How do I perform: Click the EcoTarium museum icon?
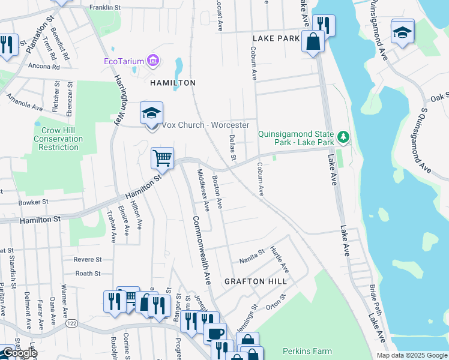[154, 61]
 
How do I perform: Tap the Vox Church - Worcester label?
[206, 125]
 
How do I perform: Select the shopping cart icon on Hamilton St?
[162, 158]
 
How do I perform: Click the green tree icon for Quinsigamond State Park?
[343, 137]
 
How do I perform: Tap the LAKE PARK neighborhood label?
[276, 38]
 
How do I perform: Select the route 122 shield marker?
[71, 323]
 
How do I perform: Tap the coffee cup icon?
[215, 333]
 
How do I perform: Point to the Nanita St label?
[252, 254]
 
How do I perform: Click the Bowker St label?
[33, 203]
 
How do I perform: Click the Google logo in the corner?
[19, 353]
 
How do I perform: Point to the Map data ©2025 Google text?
[411, 355]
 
